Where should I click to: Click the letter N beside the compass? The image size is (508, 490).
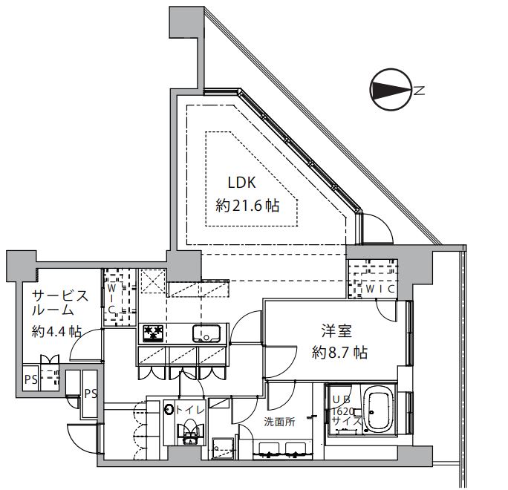(x=420, y=91)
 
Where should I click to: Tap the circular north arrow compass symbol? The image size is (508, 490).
(x=390, y=91)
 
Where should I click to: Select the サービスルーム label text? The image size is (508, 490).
(x=59, y=303)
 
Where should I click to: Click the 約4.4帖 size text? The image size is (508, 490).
(x=56, y=332)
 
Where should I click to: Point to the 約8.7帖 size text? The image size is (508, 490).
(x=339, y=353)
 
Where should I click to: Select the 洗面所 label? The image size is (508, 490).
(x=279, y=422)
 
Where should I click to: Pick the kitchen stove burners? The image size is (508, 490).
(x=154, y=333)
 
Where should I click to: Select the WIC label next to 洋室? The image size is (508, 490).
(x=379, y=289)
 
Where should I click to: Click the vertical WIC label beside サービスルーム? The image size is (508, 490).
(x=111, y=297)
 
